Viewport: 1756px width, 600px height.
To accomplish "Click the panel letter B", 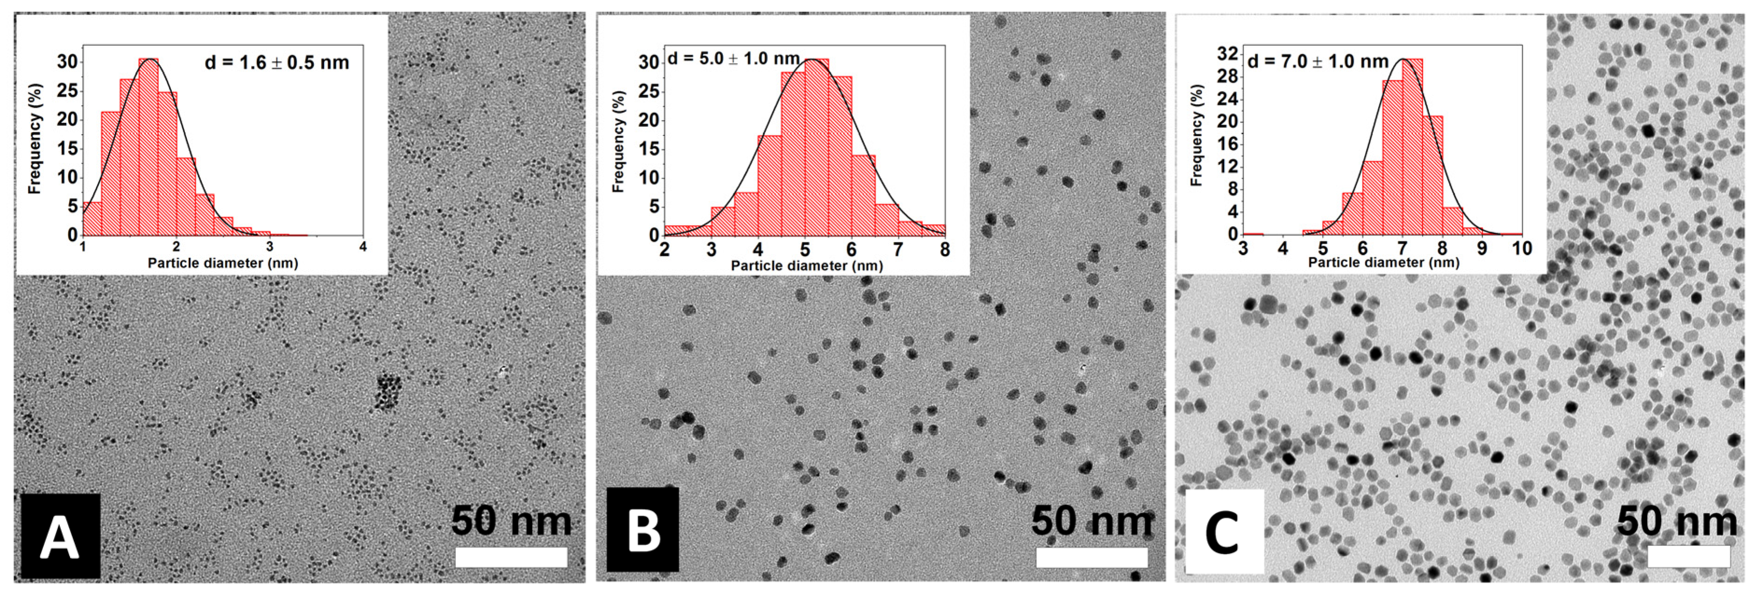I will [x=642, y=530].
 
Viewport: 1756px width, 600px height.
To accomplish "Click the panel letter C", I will [x=1224, y=532].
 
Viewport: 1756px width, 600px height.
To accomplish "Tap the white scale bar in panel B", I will [x=1091, y=557].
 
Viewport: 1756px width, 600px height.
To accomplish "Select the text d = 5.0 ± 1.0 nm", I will [x=733, y=58].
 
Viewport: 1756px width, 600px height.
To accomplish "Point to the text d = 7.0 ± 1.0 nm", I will [x=1317, y=61].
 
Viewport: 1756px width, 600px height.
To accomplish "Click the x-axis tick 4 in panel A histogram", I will [x=363, y=247].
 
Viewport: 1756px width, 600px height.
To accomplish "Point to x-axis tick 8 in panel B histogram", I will [x=944, y=249].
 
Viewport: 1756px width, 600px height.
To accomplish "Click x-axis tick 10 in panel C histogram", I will [x=1522, y=248].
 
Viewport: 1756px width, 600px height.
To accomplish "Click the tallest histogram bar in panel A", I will [x=149, y=147].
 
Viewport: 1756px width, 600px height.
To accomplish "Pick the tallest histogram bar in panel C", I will [x=1412, y=147].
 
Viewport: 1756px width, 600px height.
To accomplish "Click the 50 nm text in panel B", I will [x=1091, y=521].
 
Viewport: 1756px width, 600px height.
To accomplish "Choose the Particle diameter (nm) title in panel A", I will [x=223, y=263].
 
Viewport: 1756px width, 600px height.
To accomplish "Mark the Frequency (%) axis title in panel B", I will [x=618, y=142].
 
